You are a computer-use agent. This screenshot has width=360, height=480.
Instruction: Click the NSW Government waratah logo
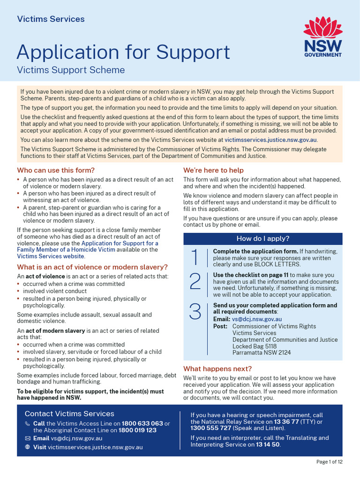322,37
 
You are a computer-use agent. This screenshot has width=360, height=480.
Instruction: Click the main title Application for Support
123,52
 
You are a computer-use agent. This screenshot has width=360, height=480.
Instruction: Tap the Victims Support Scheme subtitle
71,70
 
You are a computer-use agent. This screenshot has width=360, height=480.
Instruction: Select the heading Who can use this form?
56,170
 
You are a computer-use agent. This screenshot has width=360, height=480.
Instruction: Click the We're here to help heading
213,170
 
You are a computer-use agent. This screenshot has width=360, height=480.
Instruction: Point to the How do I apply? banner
262,239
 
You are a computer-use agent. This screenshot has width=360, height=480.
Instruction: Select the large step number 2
195,281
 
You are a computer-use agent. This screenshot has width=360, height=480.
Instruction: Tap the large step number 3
195,312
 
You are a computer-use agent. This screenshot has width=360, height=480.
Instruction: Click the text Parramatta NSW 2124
261,353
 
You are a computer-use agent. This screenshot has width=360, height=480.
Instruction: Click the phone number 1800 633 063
142,423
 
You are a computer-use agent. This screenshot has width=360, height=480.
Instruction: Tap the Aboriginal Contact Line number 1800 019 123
137,430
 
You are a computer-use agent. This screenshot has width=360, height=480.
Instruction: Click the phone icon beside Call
27,424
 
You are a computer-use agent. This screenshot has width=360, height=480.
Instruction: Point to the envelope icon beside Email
27,439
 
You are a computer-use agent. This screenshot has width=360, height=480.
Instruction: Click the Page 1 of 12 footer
330,462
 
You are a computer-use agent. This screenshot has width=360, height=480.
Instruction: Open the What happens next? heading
217,368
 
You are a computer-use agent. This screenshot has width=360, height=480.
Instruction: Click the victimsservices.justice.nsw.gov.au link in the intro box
271,140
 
